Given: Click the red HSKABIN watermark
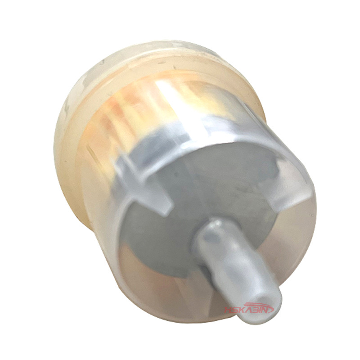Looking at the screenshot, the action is pyautogui.click(x=249, y=308).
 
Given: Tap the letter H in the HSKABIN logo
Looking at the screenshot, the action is pyautogui.click(x=228, y=310).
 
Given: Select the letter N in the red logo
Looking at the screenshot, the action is pyautogui.click(x=269, y=310).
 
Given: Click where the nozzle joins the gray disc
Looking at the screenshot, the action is pyautogui.click(x=210, y=232).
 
